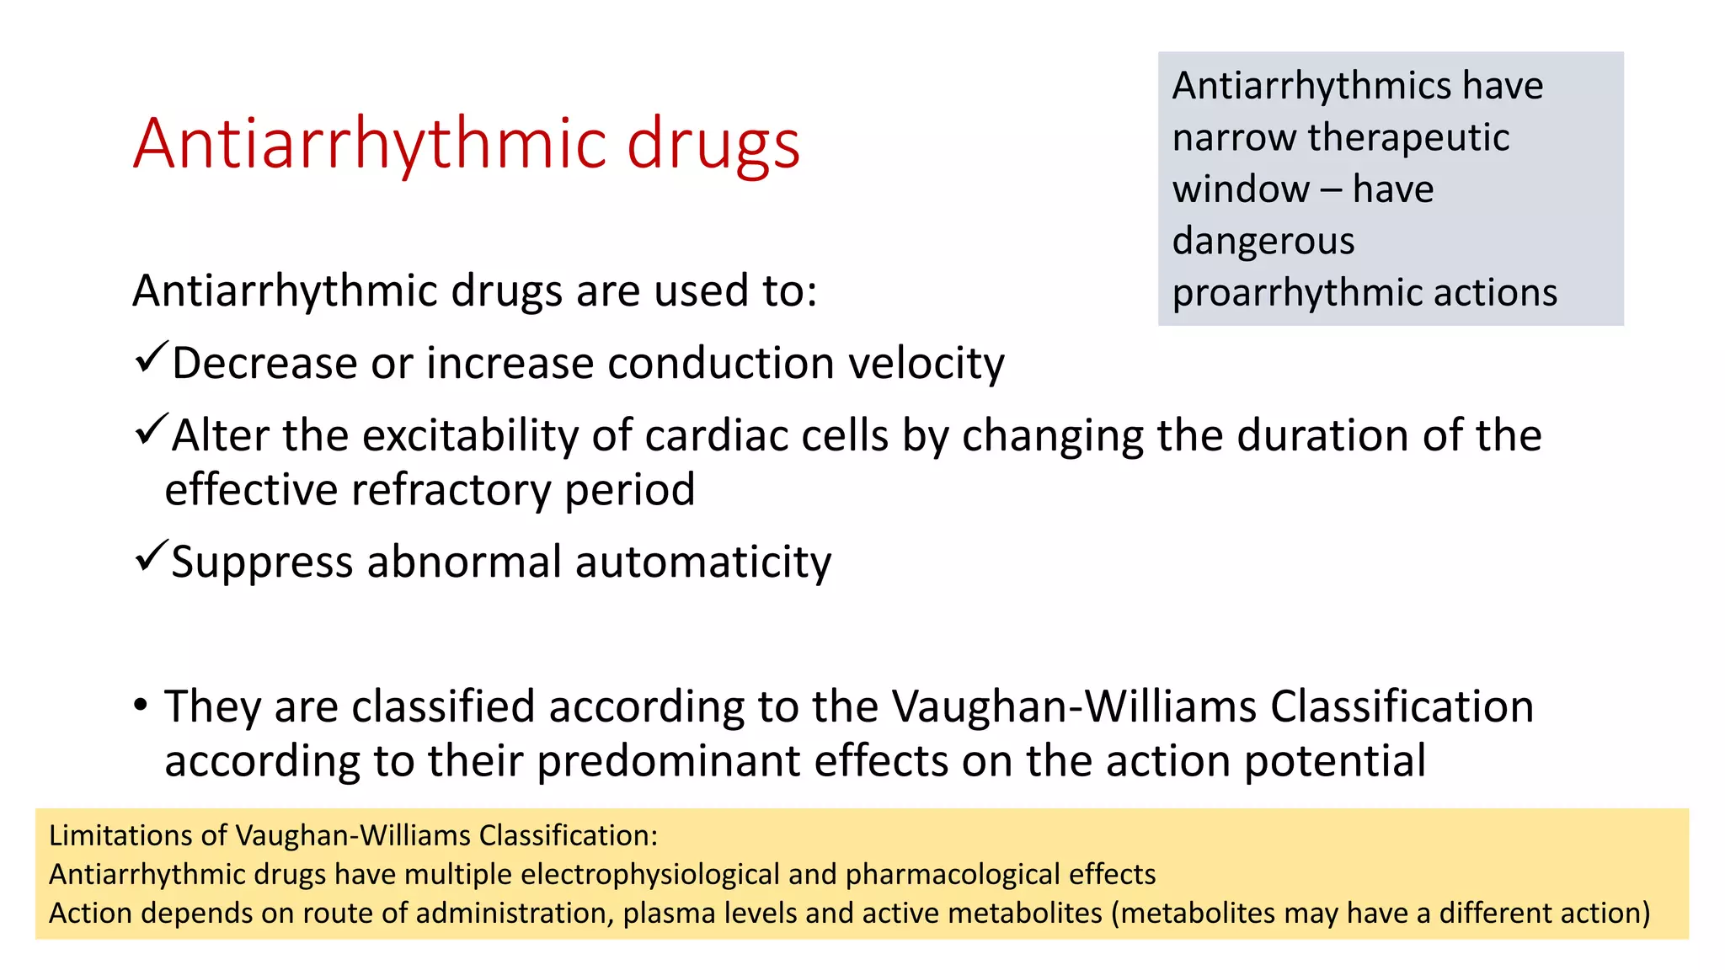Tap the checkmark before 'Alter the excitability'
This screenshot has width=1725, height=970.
point(152,431)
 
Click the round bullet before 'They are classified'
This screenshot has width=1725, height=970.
point(141,704)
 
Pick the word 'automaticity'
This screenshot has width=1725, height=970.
point(703,562)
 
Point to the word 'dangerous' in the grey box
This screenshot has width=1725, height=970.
point(1263,242)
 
